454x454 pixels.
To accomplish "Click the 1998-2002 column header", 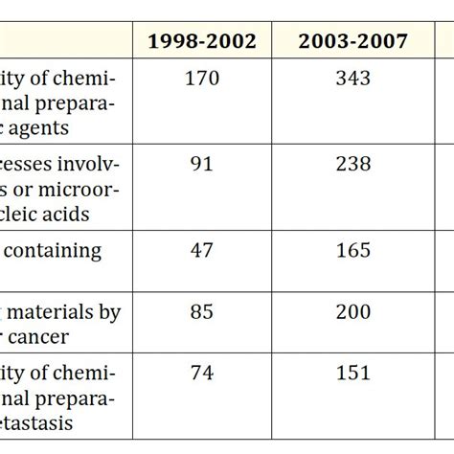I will [201, 41].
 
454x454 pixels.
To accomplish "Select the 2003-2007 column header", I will [352, 41].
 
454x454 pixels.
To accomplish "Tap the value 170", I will [201, 78].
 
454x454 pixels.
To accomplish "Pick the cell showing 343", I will [352, 78].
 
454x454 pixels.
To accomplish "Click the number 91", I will [201, 164].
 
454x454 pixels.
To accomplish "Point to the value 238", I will [352, 164].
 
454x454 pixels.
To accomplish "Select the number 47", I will [201, 250].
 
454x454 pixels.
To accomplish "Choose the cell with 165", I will [352, 250].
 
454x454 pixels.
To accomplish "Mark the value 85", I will [201, 312].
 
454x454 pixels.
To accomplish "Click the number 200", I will [352, 312].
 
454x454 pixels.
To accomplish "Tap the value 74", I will [201, 373].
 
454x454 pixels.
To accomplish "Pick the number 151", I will [352, 373].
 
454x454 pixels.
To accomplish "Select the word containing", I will [58, 251].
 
